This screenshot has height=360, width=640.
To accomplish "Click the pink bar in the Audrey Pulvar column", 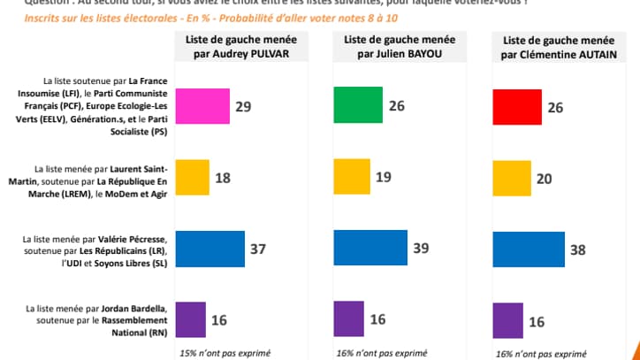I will click(203, 107).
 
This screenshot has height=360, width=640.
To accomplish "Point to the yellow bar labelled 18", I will click(193, 178).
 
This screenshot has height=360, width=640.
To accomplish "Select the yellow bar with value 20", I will click(508, 178).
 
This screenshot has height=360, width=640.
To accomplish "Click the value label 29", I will click(244, 107).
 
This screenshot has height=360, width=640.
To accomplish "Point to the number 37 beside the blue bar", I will click(258, 250).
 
